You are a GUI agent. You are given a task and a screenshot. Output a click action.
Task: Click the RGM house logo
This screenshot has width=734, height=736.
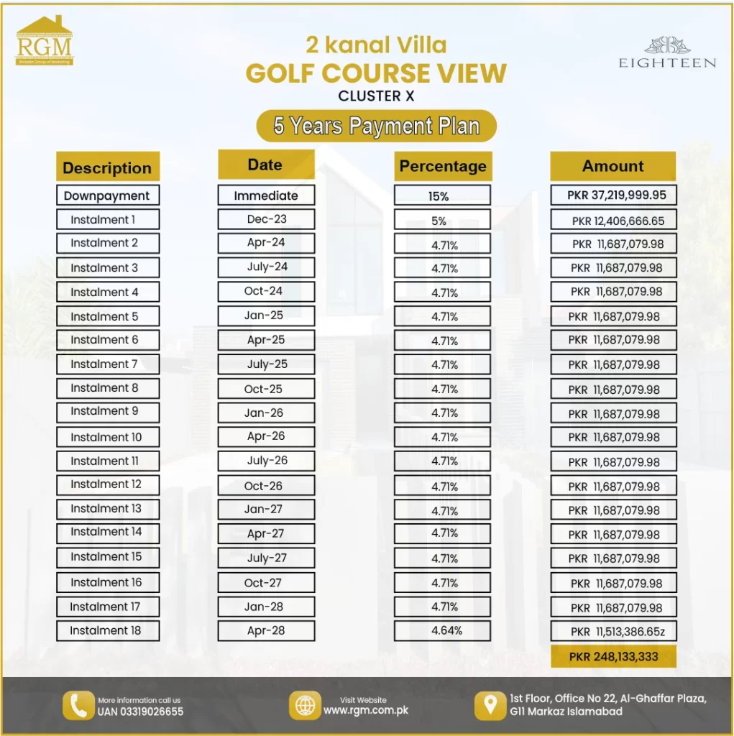(x=44, y=42)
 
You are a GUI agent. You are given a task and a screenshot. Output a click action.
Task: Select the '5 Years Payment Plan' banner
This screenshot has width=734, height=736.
(x=376, y=126)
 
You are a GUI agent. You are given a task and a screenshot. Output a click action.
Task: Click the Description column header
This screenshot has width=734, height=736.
(x=107, y=167)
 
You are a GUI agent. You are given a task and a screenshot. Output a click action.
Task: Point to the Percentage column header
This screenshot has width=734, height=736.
(x=443, y=166)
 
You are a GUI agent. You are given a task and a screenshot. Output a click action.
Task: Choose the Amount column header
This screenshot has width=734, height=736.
(x=613, y=166)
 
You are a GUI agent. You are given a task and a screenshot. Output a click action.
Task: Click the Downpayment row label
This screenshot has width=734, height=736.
(x=107, y=195)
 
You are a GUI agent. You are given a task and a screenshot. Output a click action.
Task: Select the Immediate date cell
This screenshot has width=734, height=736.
(x=265, y=195)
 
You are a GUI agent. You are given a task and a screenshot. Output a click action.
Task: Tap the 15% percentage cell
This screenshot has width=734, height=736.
(x=441, y=195)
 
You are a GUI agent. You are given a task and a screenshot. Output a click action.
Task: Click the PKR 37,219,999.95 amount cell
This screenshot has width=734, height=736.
(x=613, y=195)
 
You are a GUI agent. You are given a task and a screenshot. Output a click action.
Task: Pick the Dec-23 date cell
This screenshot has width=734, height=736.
(x=265, y=219)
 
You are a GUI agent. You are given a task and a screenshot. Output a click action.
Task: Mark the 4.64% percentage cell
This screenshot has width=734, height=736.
(x=446, y=631)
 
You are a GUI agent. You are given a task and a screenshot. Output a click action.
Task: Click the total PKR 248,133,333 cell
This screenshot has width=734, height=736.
(x=613, y=656)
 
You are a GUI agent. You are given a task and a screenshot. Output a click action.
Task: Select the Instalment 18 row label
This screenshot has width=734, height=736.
(x=106, y=630)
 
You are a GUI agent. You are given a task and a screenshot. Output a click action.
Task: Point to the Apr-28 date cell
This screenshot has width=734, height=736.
(x=265, y=630)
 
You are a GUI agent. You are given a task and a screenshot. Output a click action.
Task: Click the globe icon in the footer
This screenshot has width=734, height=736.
(x=306, y=705)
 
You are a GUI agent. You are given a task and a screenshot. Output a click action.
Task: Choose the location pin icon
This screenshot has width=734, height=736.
(x=490, y=705)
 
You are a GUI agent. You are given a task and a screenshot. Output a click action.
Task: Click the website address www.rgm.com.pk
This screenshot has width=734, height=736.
(x=365, y=711)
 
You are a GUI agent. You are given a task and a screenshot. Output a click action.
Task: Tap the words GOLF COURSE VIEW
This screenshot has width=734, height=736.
(x=376, y=73)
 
